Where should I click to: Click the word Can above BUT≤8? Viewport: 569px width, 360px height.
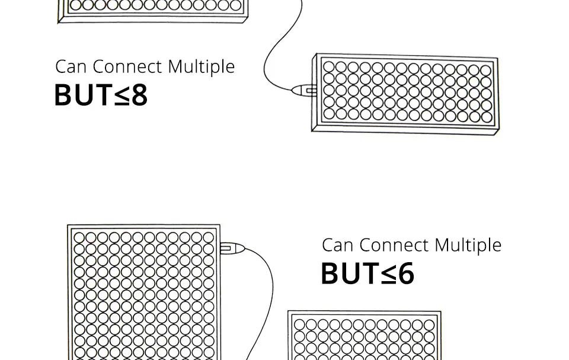(71, 67)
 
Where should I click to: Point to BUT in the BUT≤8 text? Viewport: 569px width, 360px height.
(83, 95)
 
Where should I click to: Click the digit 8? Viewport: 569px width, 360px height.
(139, 95)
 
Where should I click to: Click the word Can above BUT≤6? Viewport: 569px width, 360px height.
(337, 246)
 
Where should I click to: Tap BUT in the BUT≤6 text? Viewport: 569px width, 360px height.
(350, 274)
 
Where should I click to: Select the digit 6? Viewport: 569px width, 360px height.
(406, 274)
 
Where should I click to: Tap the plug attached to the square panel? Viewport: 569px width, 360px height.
(232, 248)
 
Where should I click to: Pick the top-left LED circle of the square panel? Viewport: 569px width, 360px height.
(79, 238)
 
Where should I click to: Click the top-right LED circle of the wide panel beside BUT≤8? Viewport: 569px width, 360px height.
(486, 70)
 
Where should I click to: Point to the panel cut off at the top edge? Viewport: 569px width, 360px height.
(152, 11)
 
